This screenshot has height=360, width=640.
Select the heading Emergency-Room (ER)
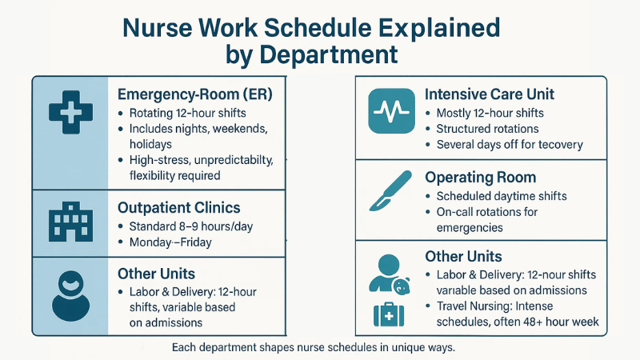[x=195, y=94]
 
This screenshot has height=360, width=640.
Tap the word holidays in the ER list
[x=151, y=145]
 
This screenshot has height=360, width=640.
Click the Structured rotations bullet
[x=487, y=129]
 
